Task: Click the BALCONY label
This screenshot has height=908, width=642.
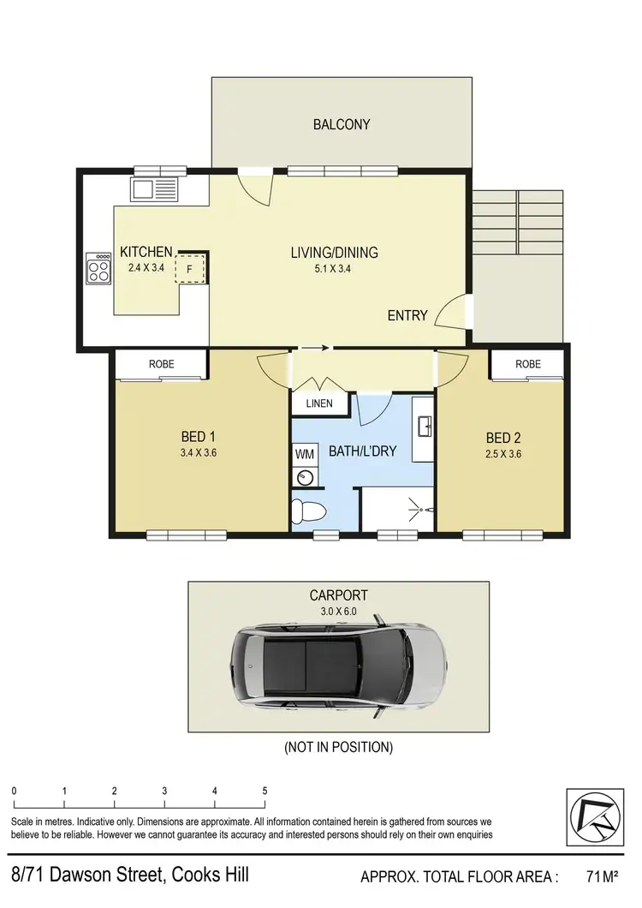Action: pos(342,124)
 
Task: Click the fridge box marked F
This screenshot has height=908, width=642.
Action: pos(190,269)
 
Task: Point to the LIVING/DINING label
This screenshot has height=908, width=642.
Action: pos(334,253)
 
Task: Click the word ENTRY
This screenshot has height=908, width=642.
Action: pos(407,315)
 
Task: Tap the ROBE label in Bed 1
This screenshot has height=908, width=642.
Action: pos(161,364)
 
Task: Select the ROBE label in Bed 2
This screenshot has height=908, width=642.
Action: pos(528,364)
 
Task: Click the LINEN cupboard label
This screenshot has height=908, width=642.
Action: pos(319,403)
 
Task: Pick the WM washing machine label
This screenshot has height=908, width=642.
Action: pos(304,451)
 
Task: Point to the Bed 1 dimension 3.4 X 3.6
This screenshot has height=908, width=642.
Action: pos(199,454)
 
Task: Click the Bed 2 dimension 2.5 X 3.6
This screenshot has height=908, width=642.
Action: pos(503,454)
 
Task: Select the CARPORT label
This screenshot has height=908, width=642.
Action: pos(339,595)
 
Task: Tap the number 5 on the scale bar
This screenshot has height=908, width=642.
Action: pos(265,791)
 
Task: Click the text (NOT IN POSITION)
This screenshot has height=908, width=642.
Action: pos(339,747)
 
